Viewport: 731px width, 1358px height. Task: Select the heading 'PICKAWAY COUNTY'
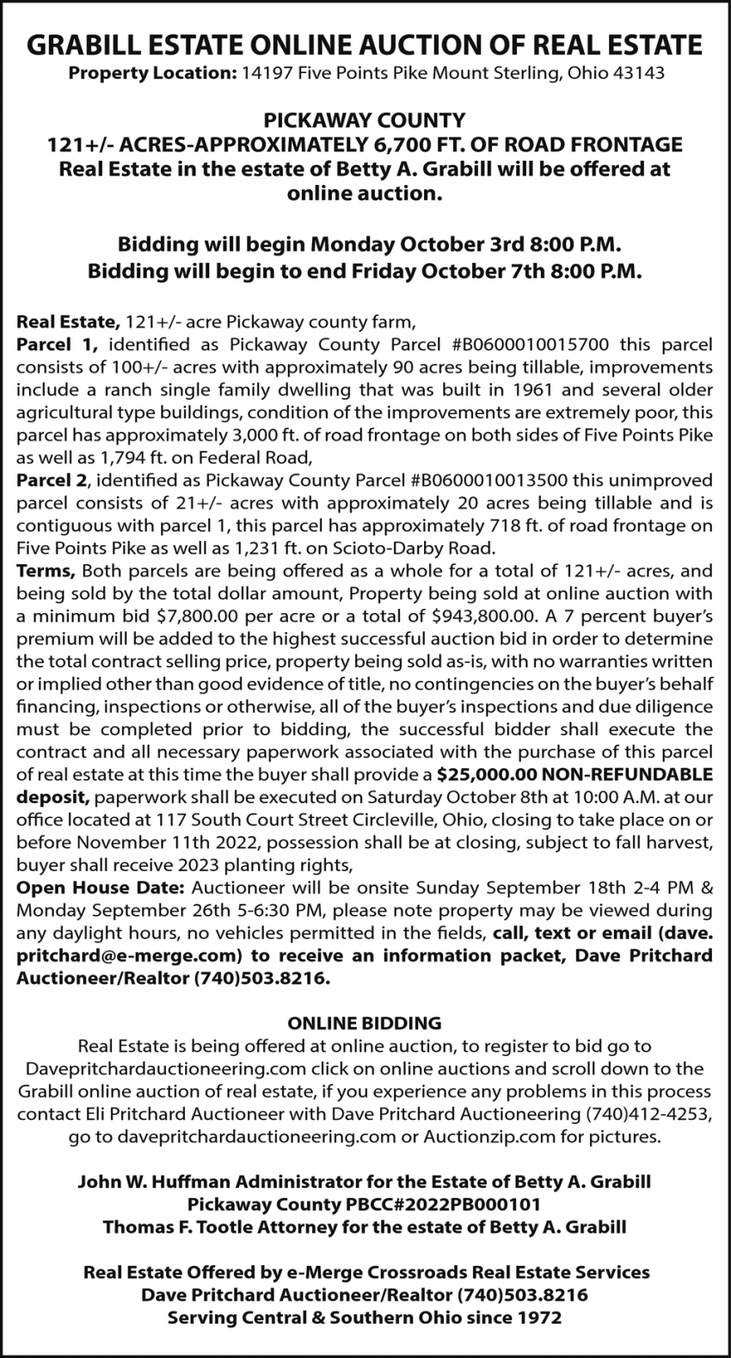click(x=364, y=120)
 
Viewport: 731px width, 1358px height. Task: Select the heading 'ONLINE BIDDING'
click(x=364, y=1023)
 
